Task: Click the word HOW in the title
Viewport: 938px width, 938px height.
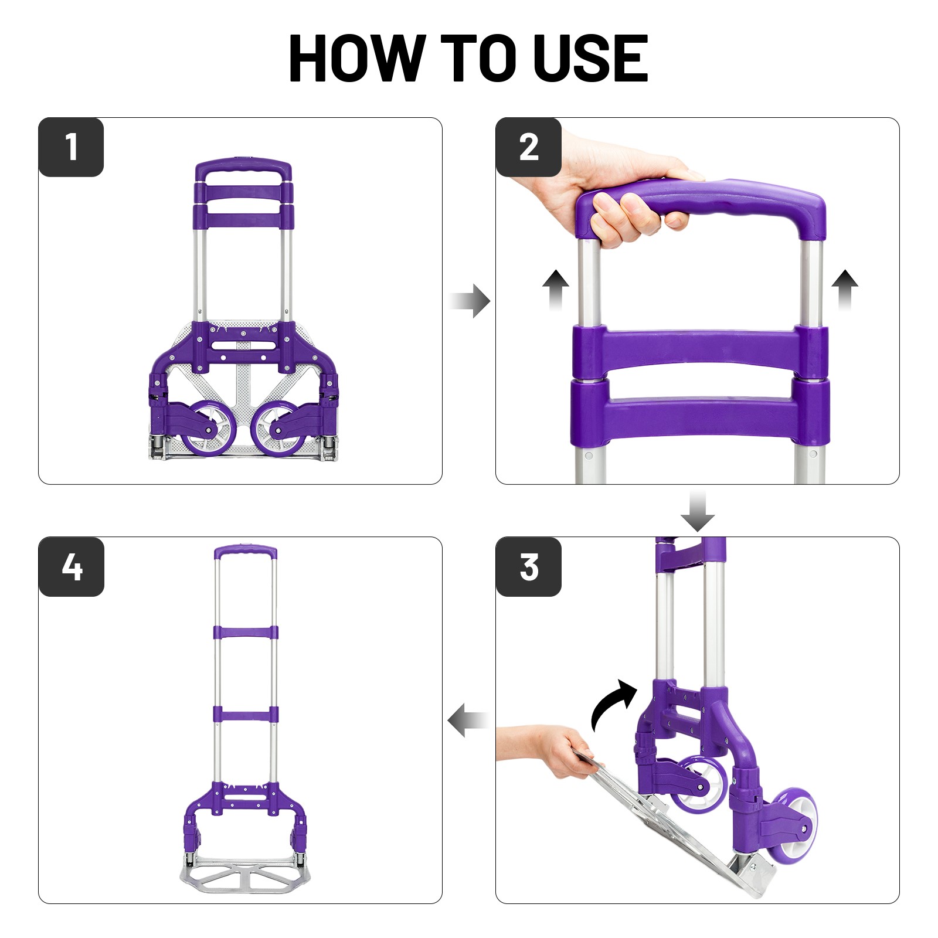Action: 357,59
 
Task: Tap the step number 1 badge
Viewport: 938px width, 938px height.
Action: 71,147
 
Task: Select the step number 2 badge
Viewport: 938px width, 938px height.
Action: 529,147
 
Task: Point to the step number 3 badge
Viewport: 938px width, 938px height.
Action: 529,567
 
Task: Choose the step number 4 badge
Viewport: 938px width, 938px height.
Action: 71,567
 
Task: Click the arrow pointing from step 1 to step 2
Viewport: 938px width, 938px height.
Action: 470,301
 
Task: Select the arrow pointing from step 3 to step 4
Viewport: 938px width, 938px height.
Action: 468,720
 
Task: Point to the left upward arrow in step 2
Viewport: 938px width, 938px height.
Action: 555,289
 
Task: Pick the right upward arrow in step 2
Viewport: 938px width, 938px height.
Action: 845,289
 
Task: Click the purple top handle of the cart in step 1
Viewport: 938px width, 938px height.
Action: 243,168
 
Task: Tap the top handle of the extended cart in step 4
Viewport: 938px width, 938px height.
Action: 245,552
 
